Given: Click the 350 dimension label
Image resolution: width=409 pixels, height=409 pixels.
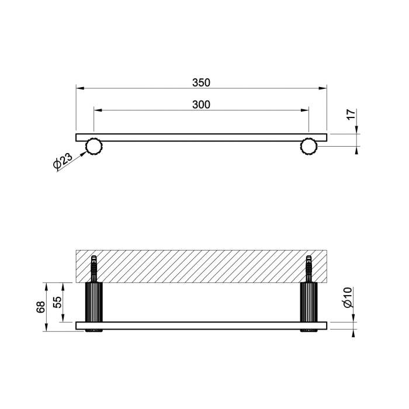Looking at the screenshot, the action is [x=201, y=83].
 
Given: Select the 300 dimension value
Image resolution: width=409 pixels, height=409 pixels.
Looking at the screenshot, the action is [x=201, y=105].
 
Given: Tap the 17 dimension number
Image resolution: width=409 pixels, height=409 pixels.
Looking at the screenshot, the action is [x=351, y=115].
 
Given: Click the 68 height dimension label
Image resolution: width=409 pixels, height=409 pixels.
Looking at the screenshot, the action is [x=41, y=307].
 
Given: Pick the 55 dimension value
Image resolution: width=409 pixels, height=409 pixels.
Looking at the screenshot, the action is [x=58, y=302].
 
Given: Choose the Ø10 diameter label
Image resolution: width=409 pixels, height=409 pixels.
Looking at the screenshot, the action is [x=348, y=297].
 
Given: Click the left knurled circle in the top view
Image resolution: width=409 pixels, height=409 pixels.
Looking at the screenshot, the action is [x=94, y=146].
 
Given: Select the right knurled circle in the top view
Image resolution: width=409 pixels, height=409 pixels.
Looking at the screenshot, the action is [x=309, y=146].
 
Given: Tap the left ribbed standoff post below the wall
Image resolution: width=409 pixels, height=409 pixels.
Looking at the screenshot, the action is [x=94, y=302].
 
